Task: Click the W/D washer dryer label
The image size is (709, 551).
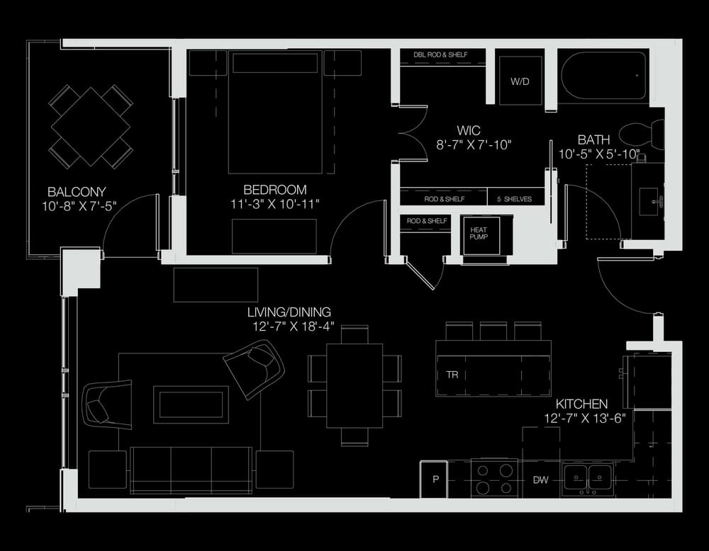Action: [520, 81]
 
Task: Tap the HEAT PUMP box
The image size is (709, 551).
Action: [481, 235]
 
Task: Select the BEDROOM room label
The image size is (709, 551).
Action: [275, 190]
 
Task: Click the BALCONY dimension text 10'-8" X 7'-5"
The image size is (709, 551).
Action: [79, 206]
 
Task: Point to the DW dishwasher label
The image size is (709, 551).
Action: [541, 480]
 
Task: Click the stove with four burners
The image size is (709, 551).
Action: [494, 479]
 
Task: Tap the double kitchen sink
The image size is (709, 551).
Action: [587, 479]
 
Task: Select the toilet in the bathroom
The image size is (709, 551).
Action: [641, 134]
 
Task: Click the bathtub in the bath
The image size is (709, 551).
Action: [604, 75]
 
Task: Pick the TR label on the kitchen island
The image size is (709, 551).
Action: [452, 375]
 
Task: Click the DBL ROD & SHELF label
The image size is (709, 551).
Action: [440, 55]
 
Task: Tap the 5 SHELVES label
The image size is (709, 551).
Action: [514, 199]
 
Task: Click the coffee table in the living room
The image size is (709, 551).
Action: [190, 404]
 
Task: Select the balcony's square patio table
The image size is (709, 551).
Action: [91, 127]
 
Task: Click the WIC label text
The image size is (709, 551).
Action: [469, 130]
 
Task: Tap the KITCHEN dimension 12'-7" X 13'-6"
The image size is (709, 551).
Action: [585, 419]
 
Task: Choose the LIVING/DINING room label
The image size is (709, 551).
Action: [289, 312]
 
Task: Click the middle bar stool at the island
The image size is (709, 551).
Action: [493, 331]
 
